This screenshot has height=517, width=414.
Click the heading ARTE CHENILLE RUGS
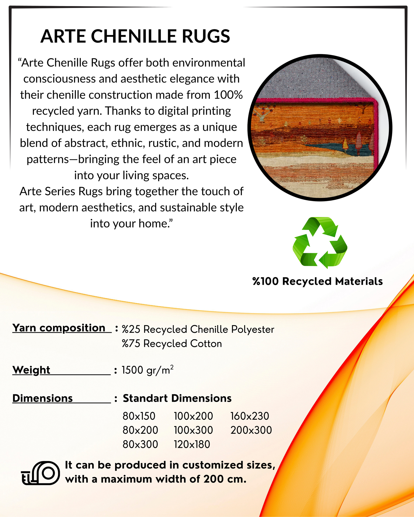click(135, 36)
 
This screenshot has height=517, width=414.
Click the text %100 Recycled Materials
click(317, 281)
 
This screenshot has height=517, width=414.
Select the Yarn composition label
click(59, 328)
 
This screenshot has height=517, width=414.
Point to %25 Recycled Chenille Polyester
click(198, 329)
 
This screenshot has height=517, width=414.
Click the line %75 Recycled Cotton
click(172, 344)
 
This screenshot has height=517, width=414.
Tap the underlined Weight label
click(31, 370)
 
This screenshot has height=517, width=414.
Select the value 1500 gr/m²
click(147, 370)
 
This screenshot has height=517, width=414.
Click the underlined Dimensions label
click(43, 398)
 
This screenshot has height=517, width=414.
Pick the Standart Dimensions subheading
click(177, 398)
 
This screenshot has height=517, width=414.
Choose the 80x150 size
click(139, 416)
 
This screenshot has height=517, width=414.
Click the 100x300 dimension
click(193, 430)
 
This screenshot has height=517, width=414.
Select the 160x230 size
click(250, 416)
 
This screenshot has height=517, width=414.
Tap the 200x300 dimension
click(251, 430)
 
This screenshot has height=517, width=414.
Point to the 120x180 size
click(192, 444)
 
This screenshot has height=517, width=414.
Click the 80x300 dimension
click(140, 444)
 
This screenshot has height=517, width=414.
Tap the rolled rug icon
click(41, 473)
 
